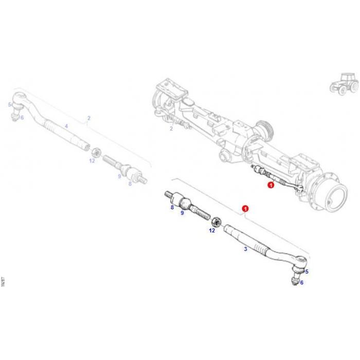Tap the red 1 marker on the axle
271,185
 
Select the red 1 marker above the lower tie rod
245,209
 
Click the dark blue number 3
245,248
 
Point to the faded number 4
66,126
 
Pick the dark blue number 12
212,230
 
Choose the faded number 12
92,160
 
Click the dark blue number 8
172,208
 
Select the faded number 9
119,176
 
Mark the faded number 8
131,183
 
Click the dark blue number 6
302,282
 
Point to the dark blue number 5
307,272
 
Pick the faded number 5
9,104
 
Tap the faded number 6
22,118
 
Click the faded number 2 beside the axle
171,129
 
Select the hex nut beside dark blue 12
217,221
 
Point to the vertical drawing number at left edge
3,283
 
